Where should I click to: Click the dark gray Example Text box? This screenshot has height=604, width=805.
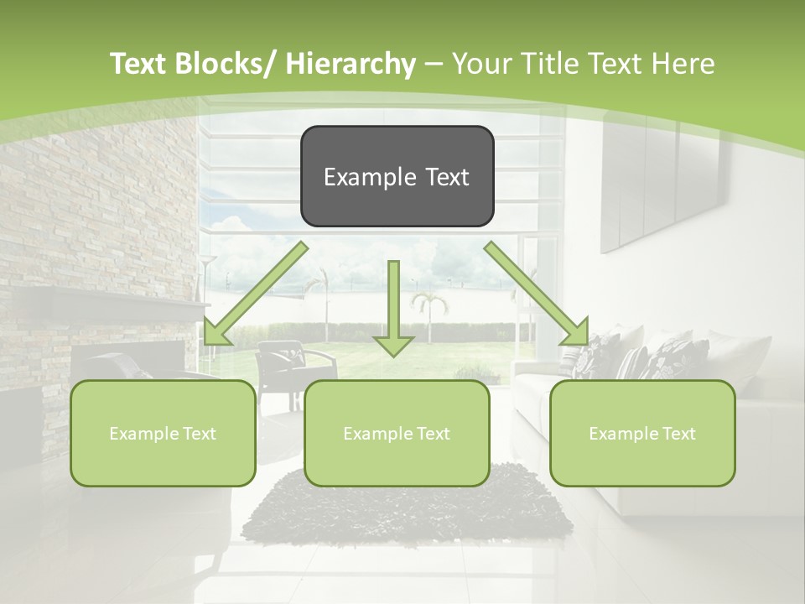click(x=397, y=176)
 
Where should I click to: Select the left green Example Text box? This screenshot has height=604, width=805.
click(x=163, y=433)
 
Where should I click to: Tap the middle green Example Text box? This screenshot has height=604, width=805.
click(x=397, y=433)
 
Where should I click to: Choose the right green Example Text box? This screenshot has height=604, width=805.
click(x=642, y=433)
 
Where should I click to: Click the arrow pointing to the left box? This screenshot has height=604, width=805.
click(x=255, y=294)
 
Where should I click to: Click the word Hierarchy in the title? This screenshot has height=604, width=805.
click(x=351, y=64)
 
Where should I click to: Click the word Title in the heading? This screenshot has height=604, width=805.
click(x=549, y=64)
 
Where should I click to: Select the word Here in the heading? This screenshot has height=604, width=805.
click(x=684, y=64)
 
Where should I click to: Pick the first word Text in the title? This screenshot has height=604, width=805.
click(x=139, y=64)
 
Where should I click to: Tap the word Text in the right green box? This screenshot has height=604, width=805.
click(x=678, y=433)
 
